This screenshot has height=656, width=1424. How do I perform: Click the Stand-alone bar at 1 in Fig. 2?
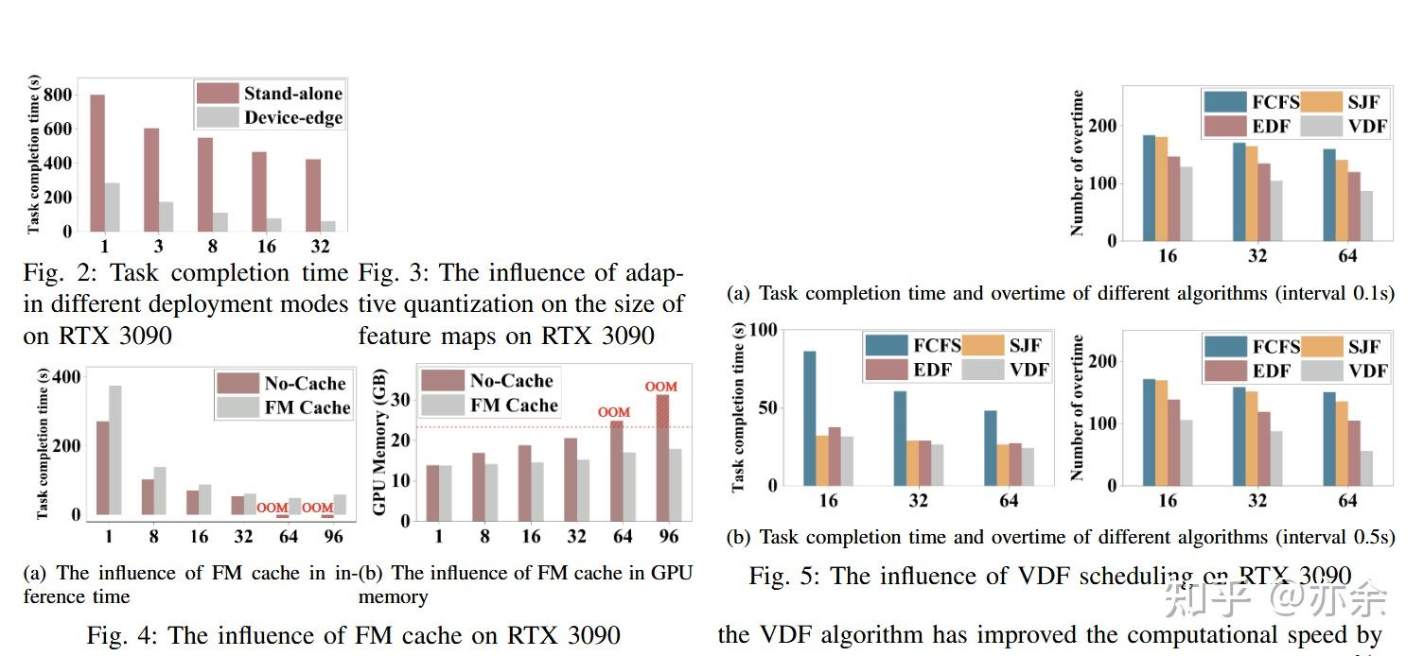tap(97, 163)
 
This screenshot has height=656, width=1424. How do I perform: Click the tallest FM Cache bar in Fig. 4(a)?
tap(115, 450)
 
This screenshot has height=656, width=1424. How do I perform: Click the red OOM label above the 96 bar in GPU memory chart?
tap(660, 387)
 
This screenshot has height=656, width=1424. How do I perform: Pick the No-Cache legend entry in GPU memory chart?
tap(488, 380)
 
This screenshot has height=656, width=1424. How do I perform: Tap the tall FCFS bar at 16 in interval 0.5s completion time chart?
tap(810, 418)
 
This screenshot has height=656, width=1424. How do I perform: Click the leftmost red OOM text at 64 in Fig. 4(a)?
tap(272, 509)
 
